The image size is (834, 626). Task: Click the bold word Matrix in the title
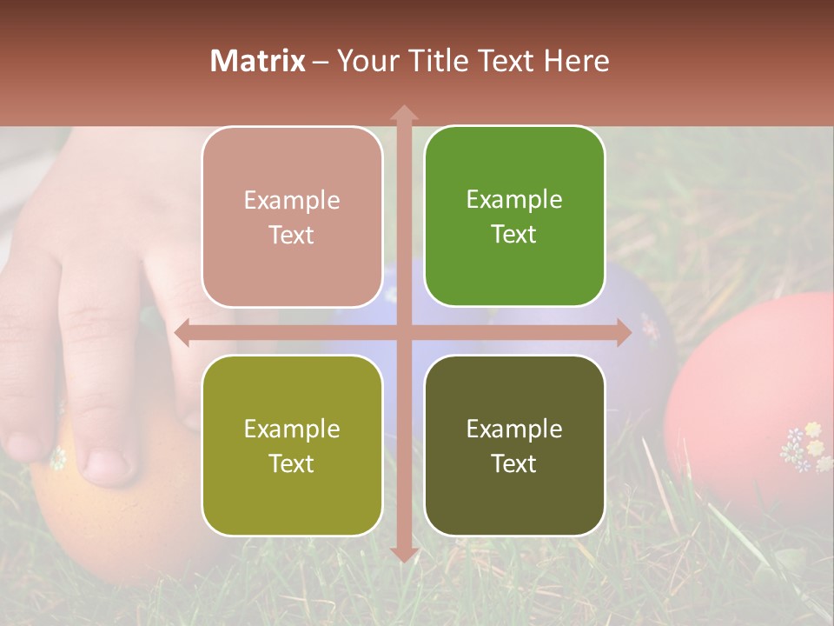257,61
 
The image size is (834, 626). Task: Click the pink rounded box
292,216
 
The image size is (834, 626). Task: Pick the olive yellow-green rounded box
292,445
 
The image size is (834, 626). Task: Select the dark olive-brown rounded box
514,445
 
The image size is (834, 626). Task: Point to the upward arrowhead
404,113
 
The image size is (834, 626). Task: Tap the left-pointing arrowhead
182,333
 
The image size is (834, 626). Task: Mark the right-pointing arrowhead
624,333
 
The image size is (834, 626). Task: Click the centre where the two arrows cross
404,333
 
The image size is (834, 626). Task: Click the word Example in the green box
514,199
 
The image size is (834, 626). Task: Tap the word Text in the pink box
292,235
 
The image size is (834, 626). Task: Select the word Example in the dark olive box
514,429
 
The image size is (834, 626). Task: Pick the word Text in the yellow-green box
292,463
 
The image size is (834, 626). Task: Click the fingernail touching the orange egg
109,464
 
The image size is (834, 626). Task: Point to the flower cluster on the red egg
806,446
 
